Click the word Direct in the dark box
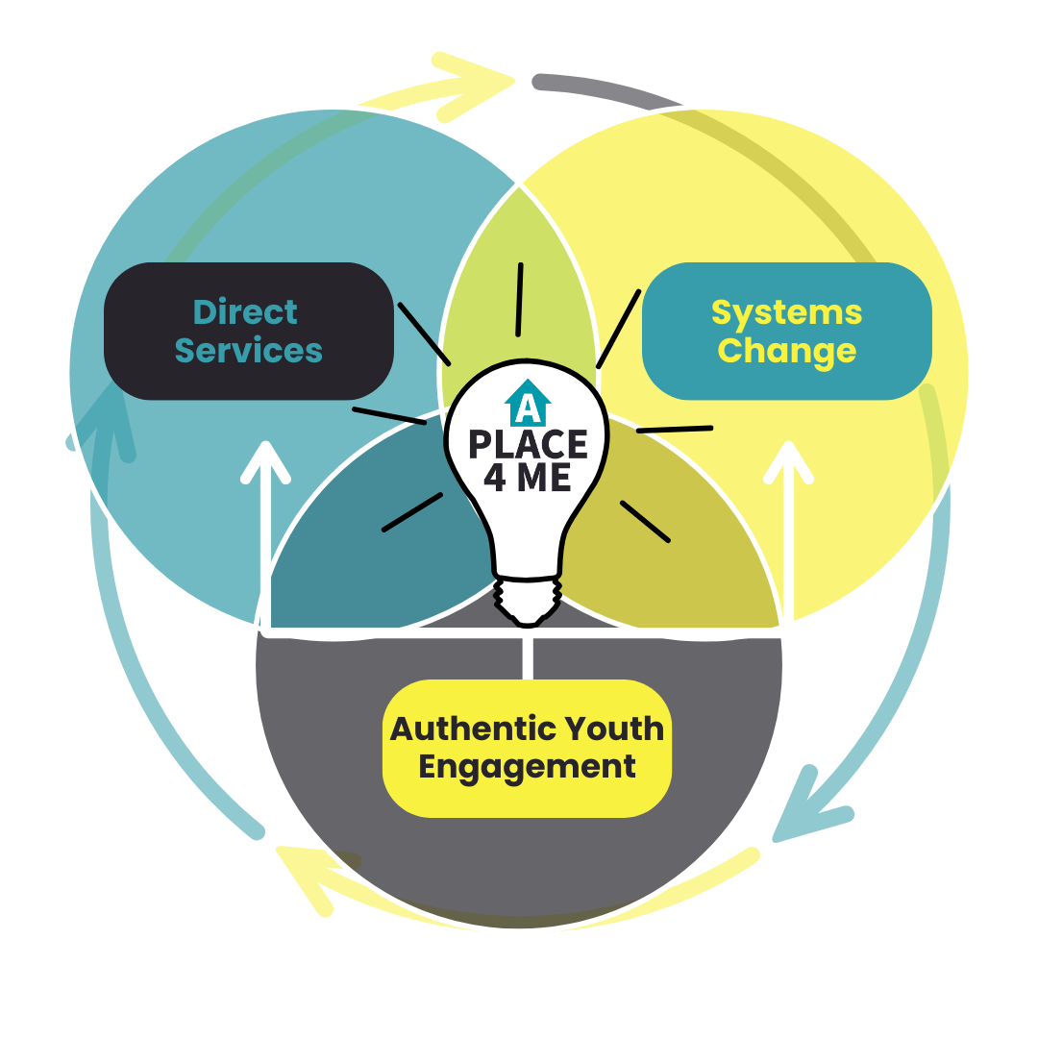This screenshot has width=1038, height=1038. [x=245, y=312]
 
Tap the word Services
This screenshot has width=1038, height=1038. [x=248, y=351]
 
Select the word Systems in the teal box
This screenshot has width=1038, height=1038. [x=786, y=312]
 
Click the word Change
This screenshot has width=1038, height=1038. [x=786, y=351]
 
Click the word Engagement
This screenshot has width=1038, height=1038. [x=527, y=767]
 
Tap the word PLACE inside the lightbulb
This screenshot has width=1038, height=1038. [x=528, y=445]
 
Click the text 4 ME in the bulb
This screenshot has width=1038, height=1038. [x=528, y=478]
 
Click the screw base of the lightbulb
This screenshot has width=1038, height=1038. [x=528, y=600]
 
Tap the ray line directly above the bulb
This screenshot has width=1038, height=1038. [x=519, y=299]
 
